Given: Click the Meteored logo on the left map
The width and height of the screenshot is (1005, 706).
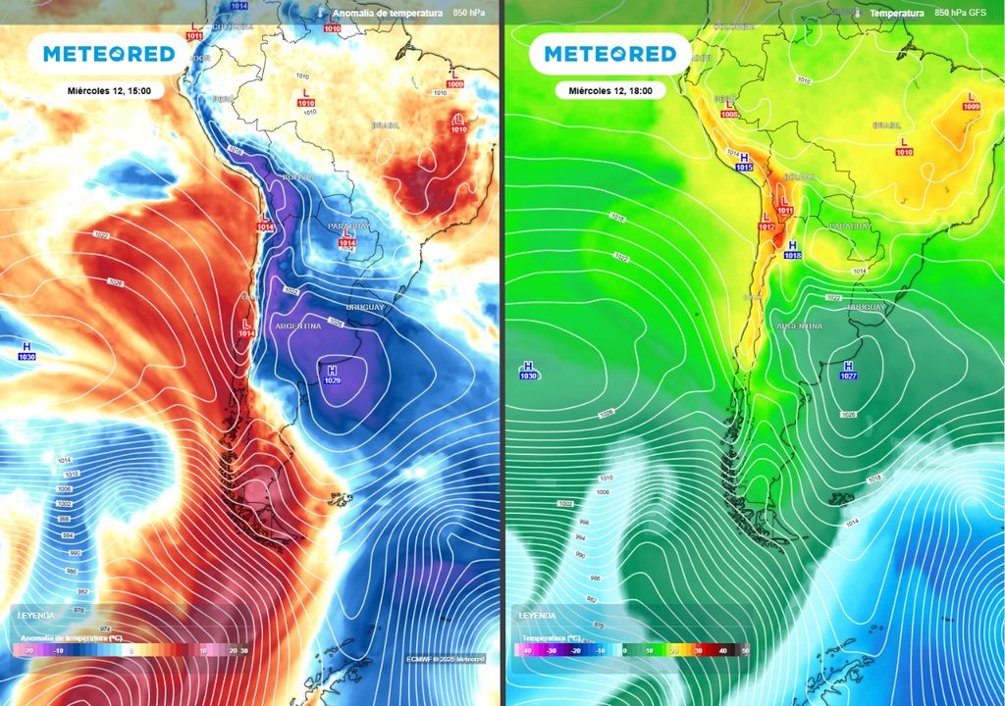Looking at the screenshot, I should (107, 54).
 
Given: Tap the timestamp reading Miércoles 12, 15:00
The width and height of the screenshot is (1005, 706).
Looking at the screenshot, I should (109, 90).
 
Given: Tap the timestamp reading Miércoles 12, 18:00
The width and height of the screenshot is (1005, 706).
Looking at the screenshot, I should (610, 90).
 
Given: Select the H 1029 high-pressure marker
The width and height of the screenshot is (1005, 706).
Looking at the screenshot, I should (332, 375).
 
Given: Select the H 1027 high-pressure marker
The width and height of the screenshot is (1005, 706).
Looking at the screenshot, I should (847, 370).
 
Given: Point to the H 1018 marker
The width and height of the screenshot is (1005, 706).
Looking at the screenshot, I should (792, 249).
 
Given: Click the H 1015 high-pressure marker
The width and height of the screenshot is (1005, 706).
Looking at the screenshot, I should (743, 163).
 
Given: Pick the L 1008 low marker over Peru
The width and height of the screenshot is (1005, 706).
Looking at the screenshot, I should (728, 109).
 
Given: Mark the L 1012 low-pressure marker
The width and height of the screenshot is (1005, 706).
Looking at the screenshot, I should (767, 223).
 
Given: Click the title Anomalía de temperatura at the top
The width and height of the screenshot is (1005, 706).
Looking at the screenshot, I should (387, 14).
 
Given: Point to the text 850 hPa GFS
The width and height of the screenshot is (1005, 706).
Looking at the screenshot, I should (961, 14).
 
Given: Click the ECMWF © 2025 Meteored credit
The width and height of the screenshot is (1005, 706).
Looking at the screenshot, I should (446, 659).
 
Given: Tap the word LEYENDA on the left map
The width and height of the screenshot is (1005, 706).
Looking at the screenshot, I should (37, 616).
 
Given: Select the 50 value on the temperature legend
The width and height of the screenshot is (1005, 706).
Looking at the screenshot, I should (744, 650).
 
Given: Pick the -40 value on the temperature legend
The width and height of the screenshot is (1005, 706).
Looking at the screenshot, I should (527, 650).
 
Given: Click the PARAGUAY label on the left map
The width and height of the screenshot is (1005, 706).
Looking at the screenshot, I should (349, 227).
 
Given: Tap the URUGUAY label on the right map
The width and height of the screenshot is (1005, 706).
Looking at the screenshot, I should (866, 307).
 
